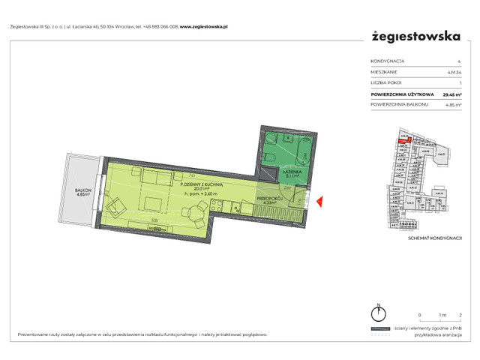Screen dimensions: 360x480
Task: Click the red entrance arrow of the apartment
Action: coord(321,201)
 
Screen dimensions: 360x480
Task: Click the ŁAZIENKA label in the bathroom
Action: coord(291,172)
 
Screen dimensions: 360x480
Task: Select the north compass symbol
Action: coord(380,313)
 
